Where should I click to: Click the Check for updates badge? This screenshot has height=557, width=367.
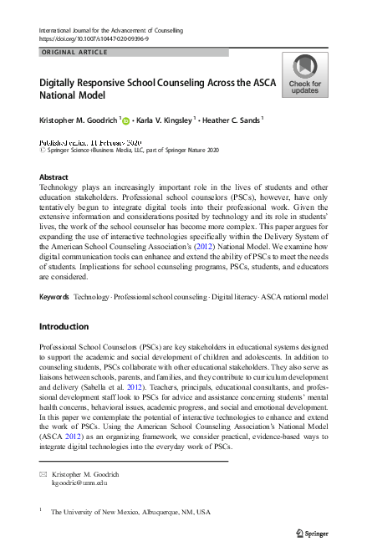click(x=304, y=75)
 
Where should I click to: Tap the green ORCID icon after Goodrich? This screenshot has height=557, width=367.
click(x=127, y=120)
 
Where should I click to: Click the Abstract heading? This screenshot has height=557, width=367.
click(x=54, y=177)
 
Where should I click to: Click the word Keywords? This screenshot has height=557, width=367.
click(x=54, y=297)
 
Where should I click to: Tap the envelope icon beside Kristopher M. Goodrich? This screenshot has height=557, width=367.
click(x=43, y=474)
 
